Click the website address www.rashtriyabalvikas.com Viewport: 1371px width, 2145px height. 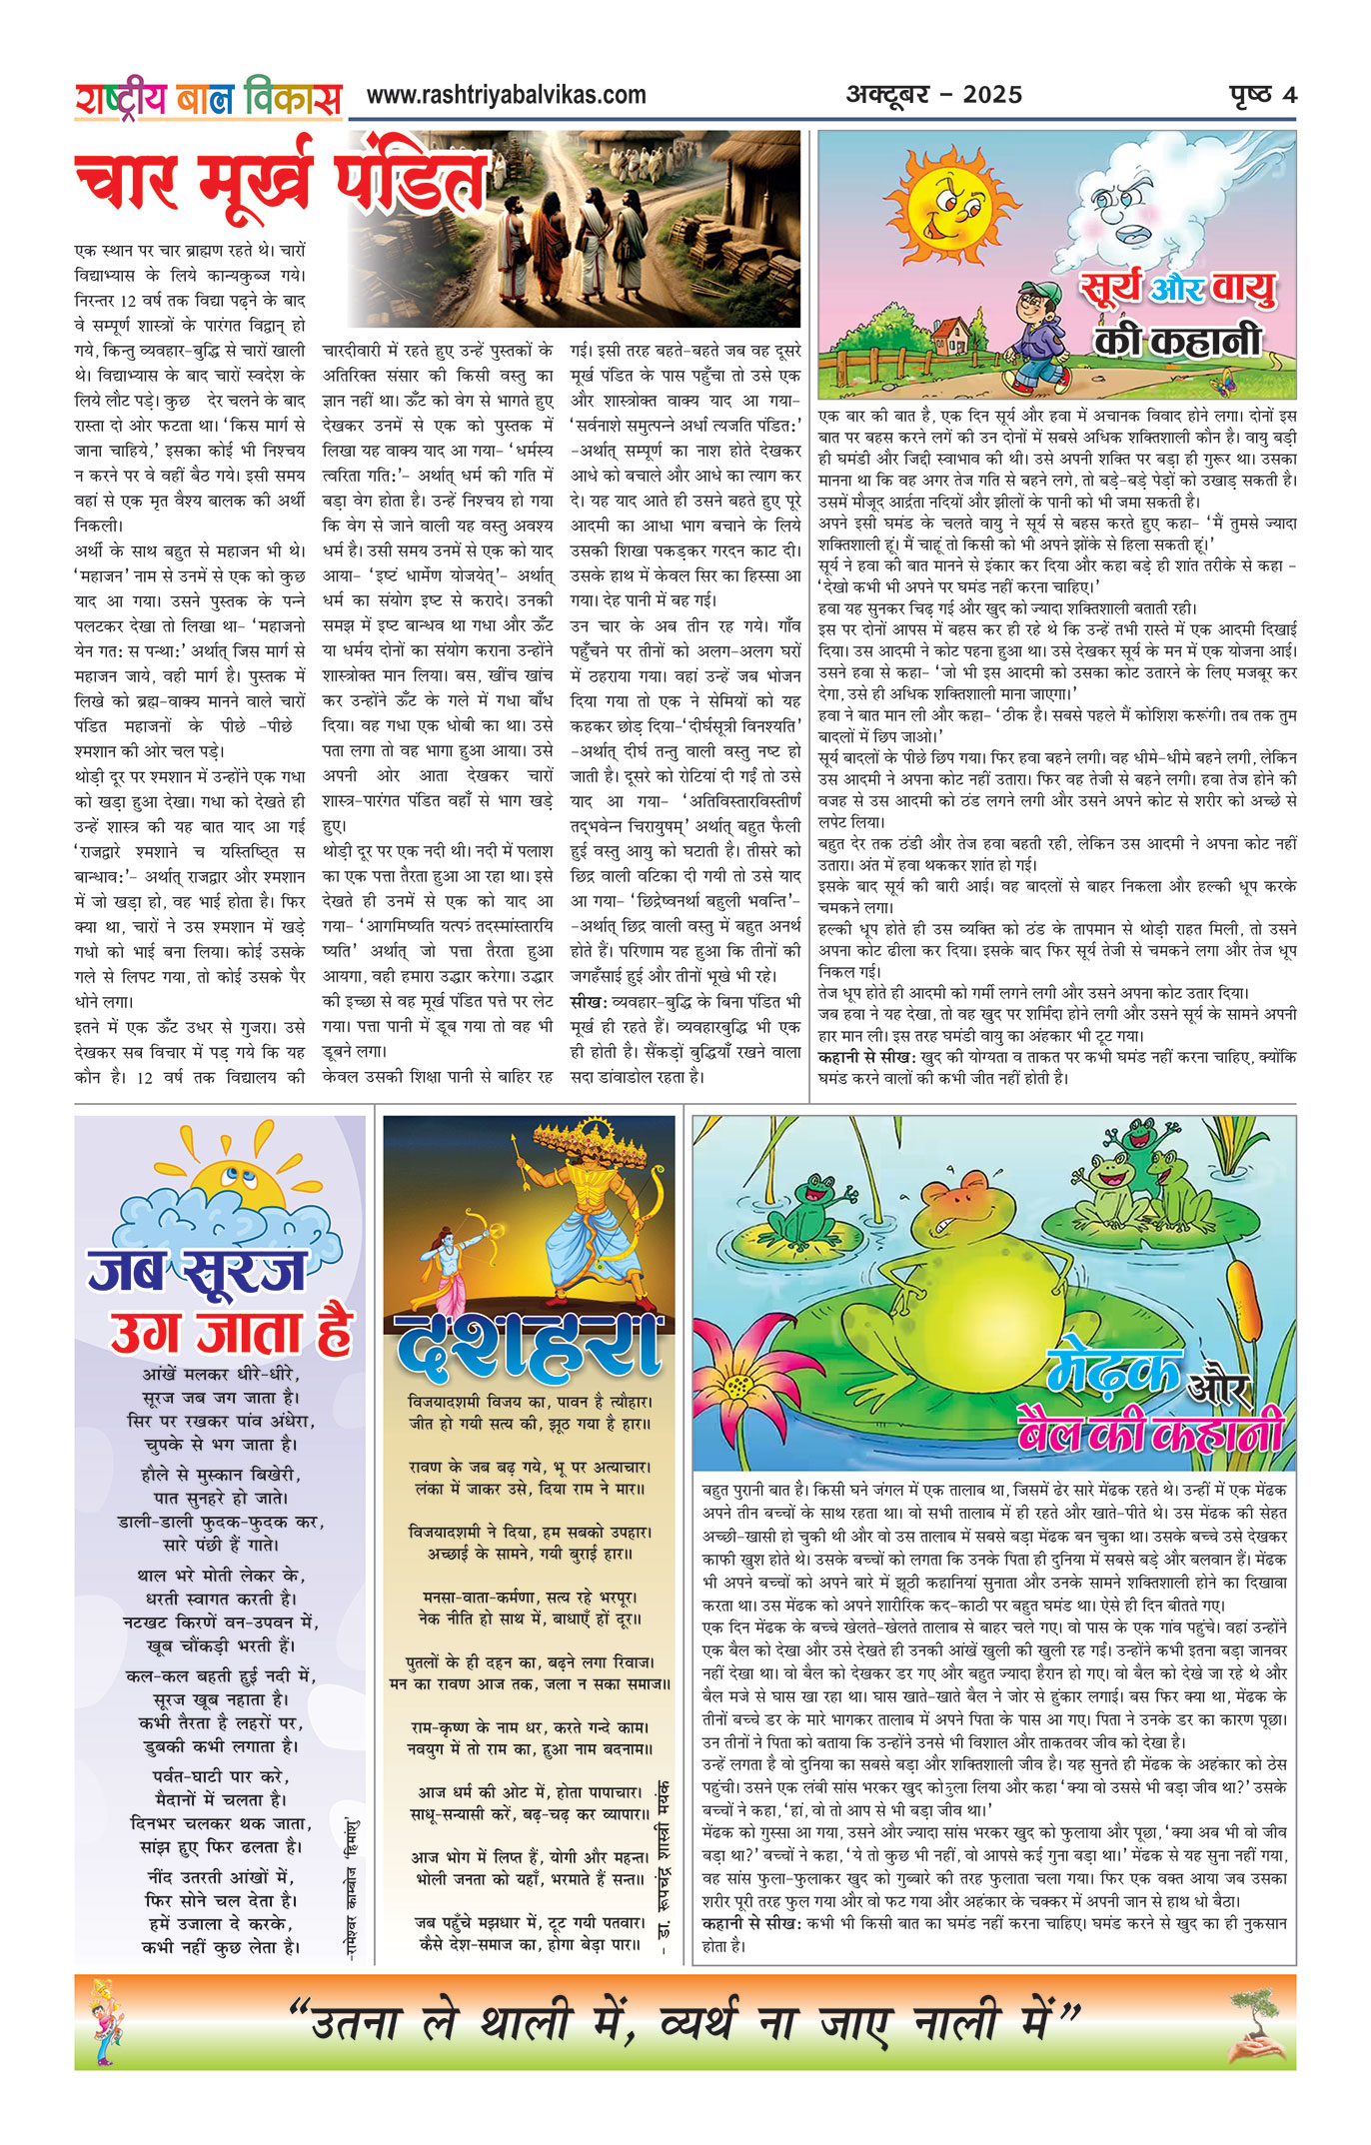(x=506, y=96)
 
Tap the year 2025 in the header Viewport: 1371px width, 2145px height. (x=992, y=96)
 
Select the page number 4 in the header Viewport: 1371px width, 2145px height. (x=1289, y=95)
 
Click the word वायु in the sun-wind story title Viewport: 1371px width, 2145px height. (x=1242, y=290)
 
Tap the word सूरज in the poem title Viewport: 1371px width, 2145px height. (x=243, y=1272)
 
